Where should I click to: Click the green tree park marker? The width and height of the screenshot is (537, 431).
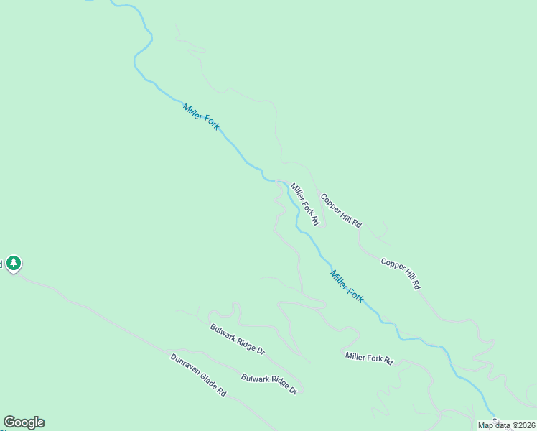coord(14,264)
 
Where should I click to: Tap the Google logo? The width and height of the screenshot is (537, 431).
coord(24,422)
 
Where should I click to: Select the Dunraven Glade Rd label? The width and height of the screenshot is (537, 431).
coord(198,376)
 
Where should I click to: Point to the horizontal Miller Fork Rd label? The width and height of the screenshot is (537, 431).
coord(369,358)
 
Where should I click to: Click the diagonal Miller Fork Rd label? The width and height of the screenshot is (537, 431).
coord(304,205)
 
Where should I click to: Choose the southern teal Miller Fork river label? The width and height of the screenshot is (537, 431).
coord(347,285)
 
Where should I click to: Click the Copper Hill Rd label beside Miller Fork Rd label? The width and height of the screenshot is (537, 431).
coord(340,210)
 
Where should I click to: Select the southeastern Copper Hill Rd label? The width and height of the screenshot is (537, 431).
coord(400,274)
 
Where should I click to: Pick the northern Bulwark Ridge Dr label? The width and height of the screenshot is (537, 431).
coord(238,340)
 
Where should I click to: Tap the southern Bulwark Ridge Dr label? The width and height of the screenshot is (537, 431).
coord(268,384)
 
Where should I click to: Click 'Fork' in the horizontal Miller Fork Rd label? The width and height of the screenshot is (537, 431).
coord(372,358)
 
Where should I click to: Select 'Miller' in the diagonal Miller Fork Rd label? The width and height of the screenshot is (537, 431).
coord(296,193)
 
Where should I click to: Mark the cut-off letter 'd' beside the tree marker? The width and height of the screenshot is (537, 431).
coord(1,264)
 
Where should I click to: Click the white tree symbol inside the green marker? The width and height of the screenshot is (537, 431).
coord(14,263)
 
